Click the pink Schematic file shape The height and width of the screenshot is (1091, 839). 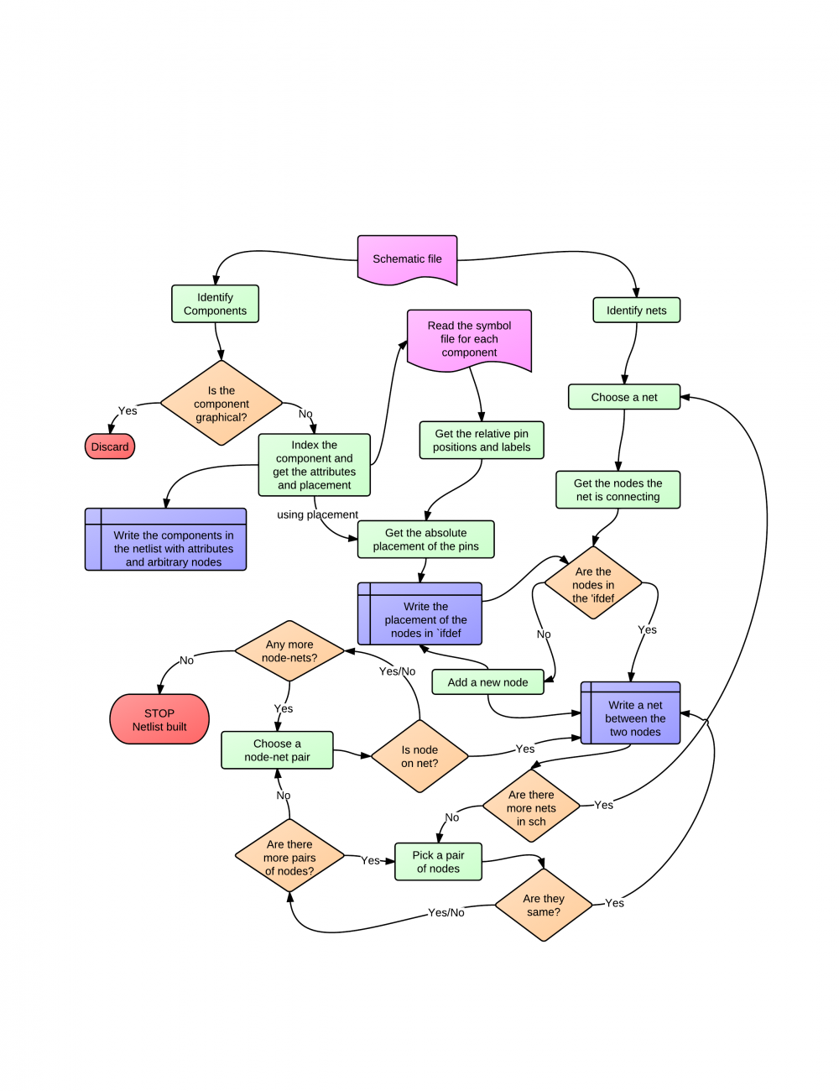pyautogui.click(x=407, y=259)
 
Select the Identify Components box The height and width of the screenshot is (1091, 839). pyautogui.click(x=215, y=304)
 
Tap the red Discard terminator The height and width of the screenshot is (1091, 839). pyautogui.click(x=110, y=446)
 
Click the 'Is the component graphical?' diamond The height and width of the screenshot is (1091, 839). pyautogui.click(x=221, y=404)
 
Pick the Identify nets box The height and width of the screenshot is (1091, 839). pyautogui.click(x=636, y=310)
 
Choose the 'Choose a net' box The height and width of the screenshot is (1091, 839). pyautogui.click(x=623, y=397)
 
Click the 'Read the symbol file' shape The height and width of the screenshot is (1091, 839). pyautogui.click(x=469, y=339)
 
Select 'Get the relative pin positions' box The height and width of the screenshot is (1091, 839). pyautogui.click(x=482, y=441)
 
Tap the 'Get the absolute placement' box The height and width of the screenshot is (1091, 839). pyautogui.click(x=425, y=540)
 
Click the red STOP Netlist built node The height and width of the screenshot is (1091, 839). pyautogui.click(x=159, y=719)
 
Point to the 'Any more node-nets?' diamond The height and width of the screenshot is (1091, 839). pyautogui.click(x=289, y=651)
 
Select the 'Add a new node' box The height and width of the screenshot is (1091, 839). pyautogui.click(x=487, y=682)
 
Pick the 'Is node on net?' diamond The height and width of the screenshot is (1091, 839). pyautogui.click(x=419, y=756)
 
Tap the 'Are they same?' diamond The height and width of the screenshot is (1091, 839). pyautogui.click(x=544, y=905)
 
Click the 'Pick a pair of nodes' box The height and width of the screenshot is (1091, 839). pyautogui.click(x=438, y=862)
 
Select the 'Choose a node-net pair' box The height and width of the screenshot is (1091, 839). pyautogui.click(x=277, y=750)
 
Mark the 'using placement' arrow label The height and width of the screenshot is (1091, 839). pyautogui.click(x=317, y=514)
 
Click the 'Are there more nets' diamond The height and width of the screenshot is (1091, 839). pyautogui.click(x=531, y=807)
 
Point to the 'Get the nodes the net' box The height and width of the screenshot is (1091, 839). pyautogui.click(x=618, y=490)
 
